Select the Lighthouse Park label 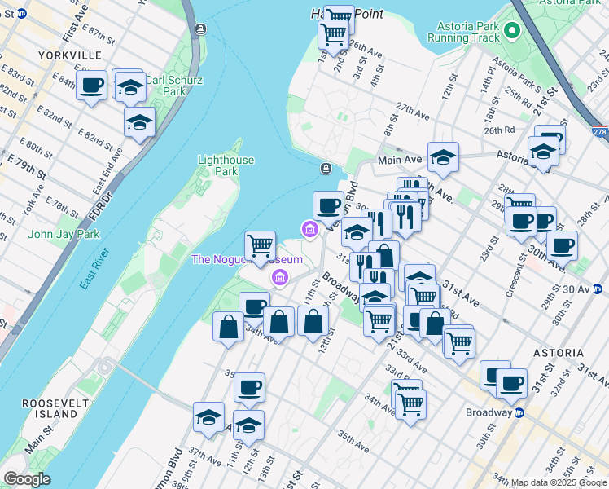click(226, 166)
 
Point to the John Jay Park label click(52, 234)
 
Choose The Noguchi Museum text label click(246, 260)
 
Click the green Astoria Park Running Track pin click(511, 31)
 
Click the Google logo click(27, 479)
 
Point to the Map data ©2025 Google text click(559, 482)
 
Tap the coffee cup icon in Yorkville click(92, 85)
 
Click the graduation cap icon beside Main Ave click(443, 156)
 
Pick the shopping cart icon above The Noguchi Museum click(261, 244)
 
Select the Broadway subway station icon click(519, 412)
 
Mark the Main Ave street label click(399, 161)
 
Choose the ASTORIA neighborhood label click(559, 353)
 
